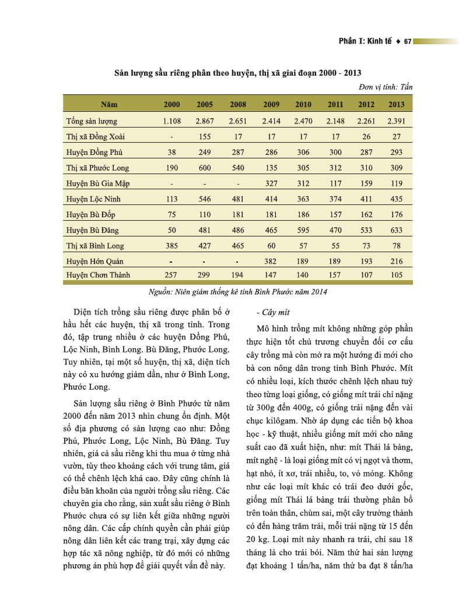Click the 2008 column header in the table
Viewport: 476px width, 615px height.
coord(238,105)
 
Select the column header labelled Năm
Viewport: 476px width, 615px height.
coord(109,105)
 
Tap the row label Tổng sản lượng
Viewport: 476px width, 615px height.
coord(92,121)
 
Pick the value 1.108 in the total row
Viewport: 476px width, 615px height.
coord(172,121)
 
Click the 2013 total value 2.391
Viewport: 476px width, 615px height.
coord(396,121)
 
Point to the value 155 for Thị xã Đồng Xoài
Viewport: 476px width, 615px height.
coord(204,137)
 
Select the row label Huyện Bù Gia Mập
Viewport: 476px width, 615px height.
coord(98,183)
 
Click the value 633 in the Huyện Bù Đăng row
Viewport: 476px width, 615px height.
coord(396,230)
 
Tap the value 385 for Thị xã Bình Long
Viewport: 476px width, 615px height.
coord(172,246)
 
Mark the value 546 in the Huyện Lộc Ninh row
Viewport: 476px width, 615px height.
coord(204,199)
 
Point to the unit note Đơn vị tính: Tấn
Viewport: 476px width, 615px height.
coord(386,87)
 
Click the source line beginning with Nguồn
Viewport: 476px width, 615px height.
coord(238,291)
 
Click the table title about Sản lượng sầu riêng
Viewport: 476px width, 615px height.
coord(237,73)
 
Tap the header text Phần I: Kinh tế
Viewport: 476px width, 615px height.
coord(365,41)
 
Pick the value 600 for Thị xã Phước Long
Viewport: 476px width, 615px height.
coord(204,168)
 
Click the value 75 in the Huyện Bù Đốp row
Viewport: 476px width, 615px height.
coord(172,214)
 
